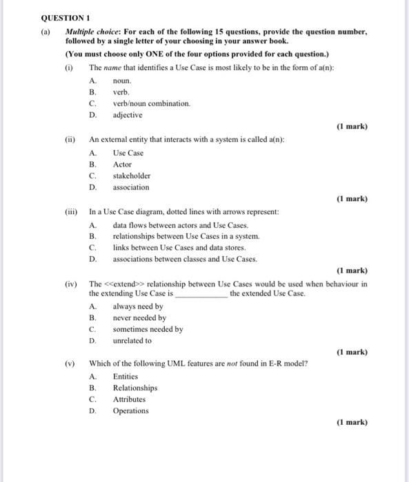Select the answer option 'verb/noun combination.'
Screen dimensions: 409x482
[x=151, y=103]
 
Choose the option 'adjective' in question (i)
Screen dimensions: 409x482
[x=128, y=115]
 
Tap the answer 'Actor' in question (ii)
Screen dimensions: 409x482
[x=122, y=165]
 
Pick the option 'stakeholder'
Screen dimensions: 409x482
[x=131, y=176]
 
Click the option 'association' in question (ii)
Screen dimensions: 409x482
[x=130, y=187]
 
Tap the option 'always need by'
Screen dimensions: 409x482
[x=138, y=306]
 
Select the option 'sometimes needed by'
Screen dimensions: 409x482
[x=148, y=329]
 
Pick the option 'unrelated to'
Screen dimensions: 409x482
[x=132, y=341]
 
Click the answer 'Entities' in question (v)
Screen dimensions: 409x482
[x=126, y=377]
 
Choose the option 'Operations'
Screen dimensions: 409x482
[x=130, y=411]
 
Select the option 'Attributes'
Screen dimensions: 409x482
[x=129, y=399]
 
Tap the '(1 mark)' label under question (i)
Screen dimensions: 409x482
[x=352, y=127]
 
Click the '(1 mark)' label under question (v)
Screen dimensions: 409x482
[x=352, y=422]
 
